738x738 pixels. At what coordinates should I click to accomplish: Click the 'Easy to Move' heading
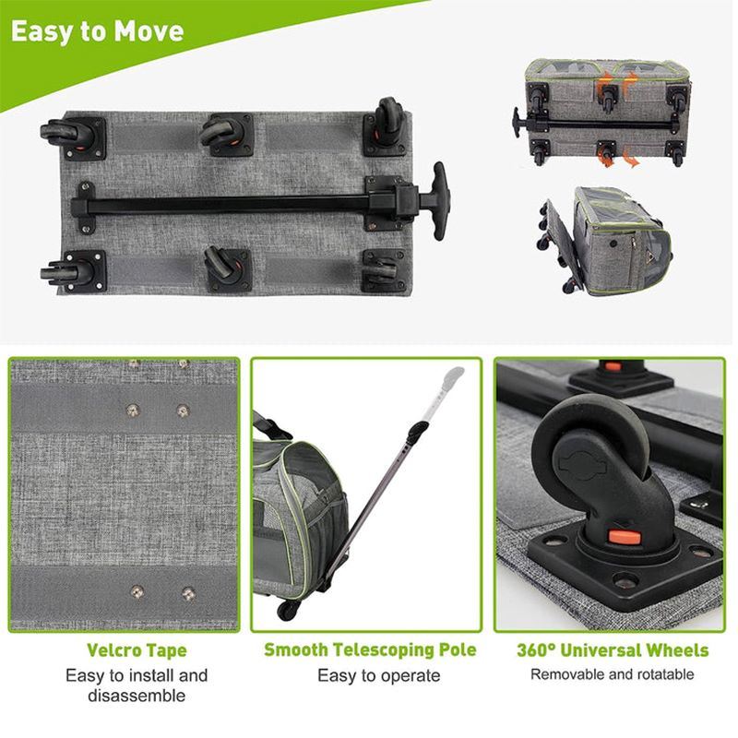point(97,31)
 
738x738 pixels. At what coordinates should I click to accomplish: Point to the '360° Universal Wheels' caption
point(613,650)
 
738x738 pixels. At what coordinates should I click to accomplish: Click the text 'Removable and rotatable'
point(613,674)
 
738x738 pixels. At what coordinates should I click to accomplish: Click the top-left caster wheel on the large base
point(65,132)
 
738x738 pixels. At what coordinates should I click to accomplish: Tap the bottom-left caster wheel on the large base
point(66,272)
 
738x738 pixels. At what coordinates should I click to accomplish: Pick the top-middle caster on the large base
point(222,131)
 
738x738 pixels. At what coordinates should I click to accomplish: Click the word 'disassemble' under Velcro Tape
point(137,696)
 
